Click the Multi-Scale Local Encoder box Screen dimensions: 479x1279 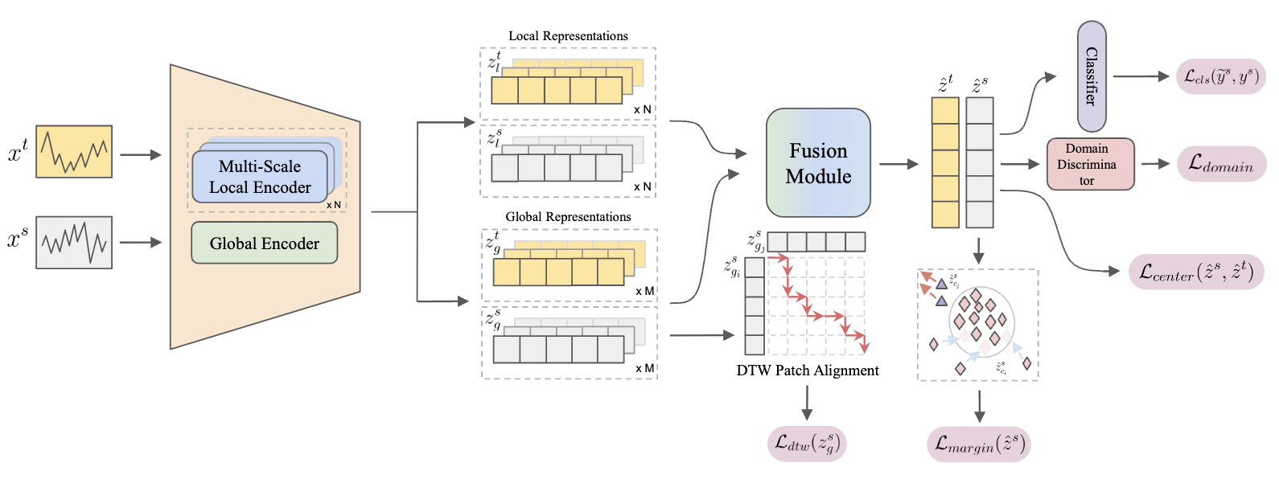(x=259, y=177)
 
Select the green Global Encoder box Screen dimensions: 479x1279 (x=264, y=244)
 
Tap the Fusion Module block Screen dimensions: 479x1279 (x=818, y=163)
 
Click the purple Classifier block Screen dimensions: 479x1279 (x=1092, y=76)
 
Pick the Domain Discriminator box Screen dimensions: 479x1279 (x=1090, y=164)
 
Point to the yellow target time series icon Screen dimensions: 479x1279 (x=74, y=151)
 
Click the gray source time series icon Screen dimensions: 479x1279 (x=74, y=242)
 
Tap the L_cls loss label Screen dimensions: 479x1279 (x=1221, y=76)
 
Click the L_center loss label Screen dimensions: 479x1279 (x=1196, y=272)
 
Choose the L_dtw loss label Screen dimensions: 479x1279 (x=807, y=443)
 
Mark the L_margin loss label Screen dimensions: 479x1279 (x=979, y=444)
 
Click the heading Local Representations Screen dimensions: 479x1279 (x=568, y=36)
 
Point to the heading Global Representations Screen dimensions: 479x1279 (x=568, y=217)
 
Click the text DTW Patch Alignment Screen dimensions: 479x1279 (x=808, y=371)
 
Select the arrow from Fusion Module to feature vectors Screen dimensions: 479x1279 (x=899, y=164)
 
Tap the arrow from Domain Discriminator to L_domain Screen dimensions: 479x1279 (x=1154, y=163)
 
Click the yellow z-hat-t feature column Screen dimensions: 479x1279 (x=945, y=163)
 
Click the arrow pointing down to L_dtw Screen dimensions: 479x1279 (x=807, y=402)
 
